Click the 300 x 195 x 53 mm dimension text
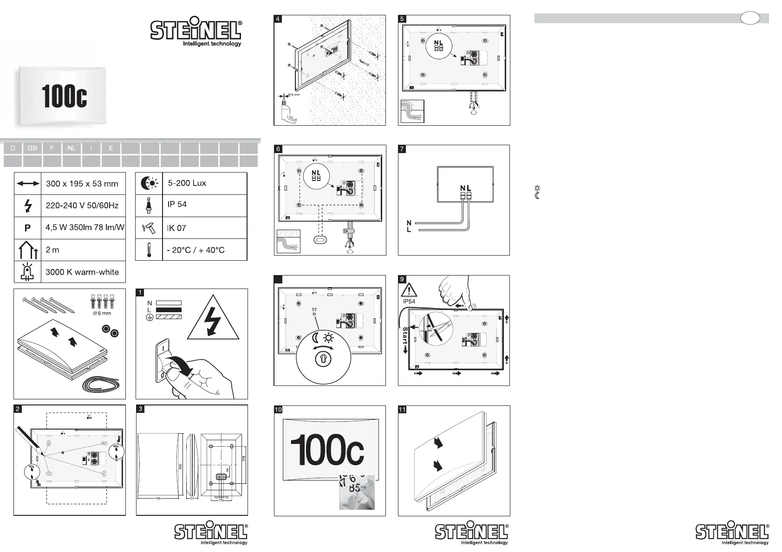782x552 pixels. [82, 184]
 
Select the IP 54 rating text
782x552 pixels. [177, 204]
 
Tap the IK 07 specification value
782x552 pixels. [176, 228]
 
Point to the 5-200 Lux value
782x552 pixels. [187, 183]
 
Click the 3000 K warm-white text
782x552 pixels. [82, 272]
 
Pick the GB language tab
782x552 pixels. [32, 148]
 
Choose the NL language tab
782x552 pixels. [71, 148]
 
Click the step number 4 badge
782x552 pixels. [278, 19]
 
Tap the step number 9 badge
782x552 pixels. [402, 279]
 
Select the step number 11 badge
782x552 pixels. [402, 410]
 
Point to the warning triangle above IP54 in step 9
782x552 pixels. [409, 290]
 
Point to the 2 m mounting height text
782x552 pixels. [52, 250]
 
